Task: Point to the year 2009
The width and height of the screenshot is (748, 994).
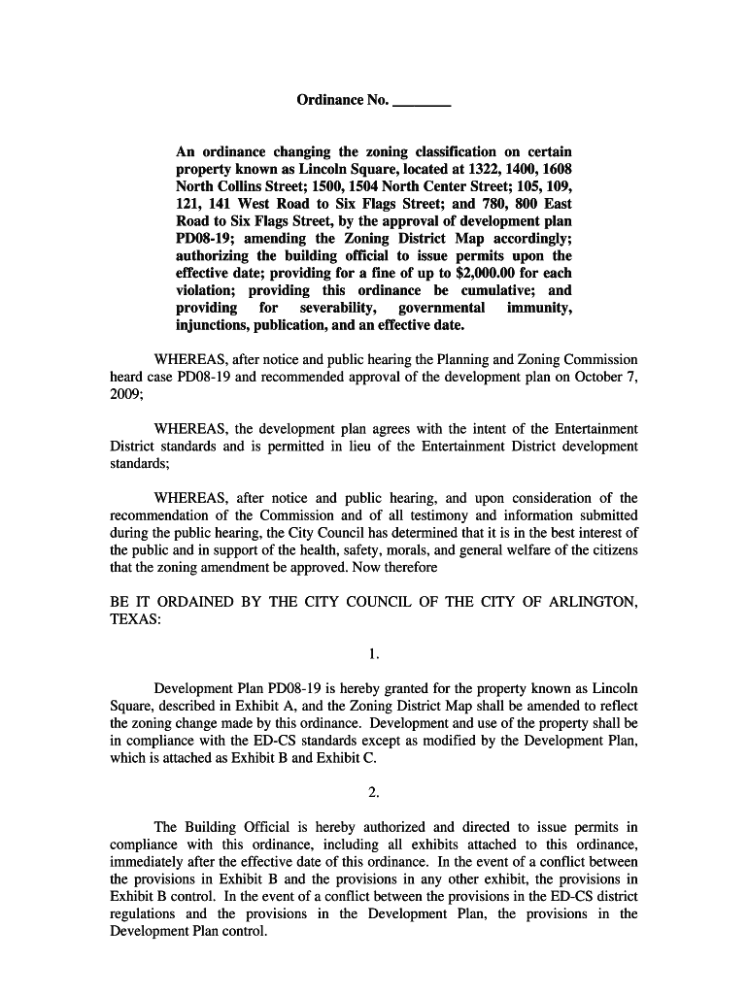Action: [125, 395]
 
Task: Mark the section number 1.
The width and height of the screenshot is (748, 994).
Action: [373, 655]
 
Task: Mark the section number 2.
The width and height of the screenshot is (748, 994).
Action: [373, 793]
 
